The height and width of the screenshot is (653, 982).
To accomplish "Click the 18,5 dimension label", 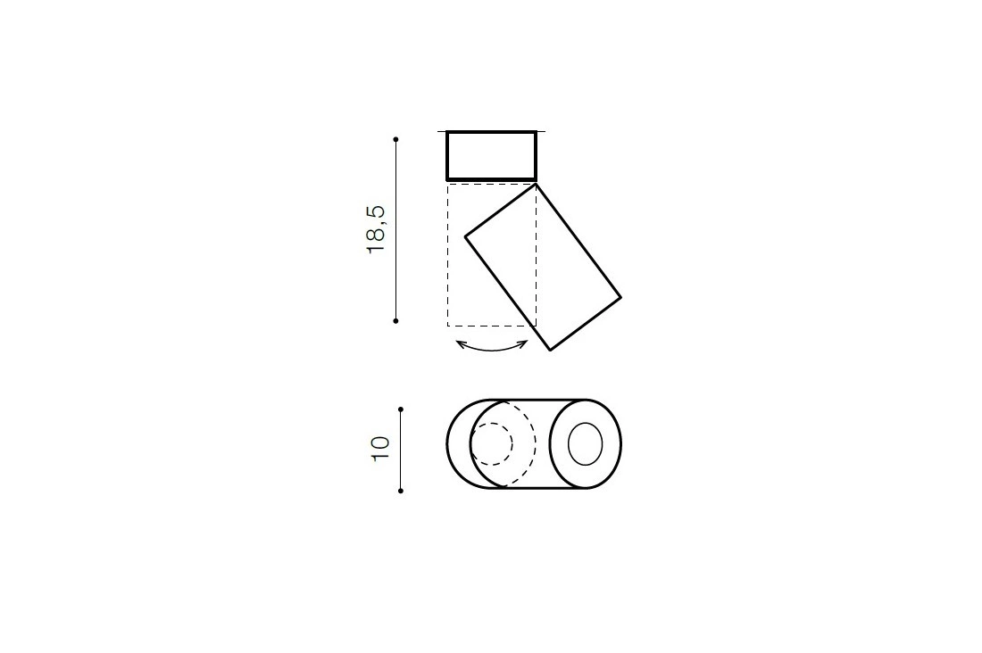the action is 377,228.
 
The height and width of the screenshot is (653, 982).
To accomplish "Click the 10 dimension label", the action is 380,449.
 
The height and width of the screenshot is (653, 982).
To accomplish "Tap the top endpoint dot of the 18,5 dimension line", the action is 395,139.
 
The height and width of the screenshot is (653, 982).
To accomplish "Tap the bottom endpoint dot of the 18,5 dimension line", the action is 395,320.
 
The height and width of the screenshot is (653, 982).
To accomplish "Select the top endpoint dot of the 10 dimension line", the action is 401,409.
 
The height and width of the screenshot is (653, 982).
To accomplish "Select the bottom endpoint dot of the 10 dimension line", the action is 401,491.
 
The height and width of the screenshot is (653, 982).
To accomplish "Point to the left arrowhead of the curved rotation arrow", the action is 459,343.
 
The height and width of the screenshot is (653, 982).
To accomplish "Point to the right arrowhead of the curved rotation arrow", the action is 525,343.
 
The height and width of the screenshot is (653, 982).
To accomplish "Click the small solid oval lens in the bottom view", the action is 585,444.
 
